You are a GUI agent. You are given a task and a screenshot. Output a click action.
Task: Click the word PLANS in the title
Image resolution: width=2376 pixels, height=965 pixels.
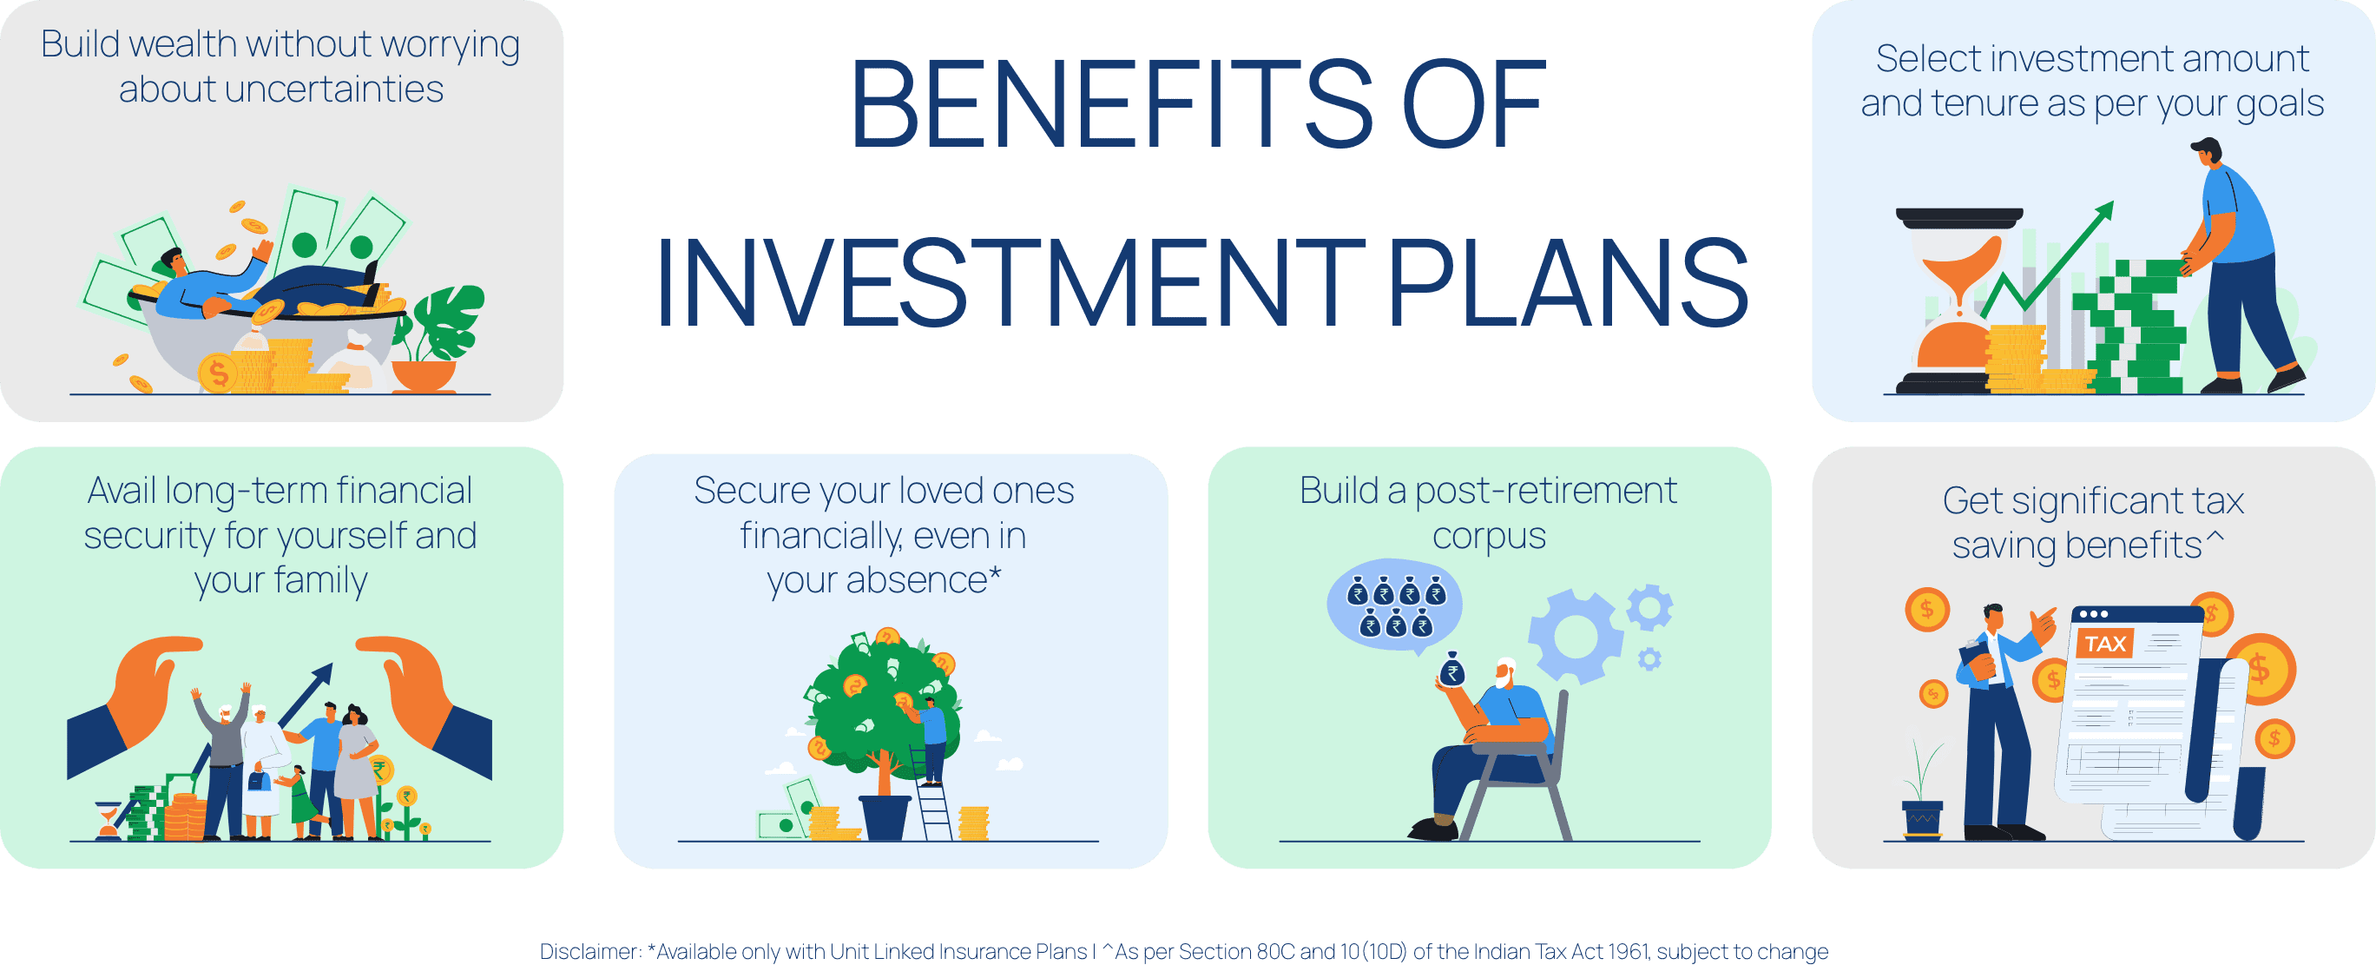pyautogui.click(x=1568, y=283)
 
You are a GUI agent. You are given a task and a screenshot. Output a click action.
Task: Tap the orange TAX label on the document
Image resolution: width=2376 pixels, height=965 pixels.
pyautogui.click(x=2104, y=643)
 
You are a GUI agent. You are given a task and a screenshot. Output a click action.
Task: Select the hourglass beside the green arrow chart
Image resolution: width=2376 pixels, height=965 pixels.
pyautogui.click(x=1959, y=301)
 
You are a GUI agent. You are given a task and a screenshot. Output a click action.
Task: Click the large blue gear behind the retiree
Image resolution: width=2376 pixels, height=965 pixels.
pyautogui.click(x=1575, y=636)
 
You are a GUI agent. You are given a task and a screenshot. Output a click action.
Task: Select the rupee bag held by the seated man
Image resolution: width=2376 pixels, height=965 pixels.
pyautogui.click(x=1451, y=670)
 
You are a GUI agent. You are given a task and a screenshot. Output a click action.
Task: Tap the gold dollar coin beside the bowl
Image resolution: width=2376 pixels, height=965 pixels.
pyautogui.click(x=218, y=373)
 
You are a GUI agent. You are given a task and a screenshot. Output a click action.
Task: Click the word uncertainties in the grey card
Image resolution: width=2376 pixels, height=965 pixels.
pyautogui.click(x=281, y=89)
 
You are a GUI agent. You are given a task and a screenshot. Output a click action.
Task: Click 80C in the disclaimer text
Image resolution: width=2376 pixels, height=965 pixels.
pyautogui.click(x=1275, y=951)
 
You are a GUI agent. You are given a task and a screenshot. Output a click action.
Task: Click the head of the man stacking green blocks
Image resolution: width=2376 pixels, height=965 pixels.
pyautogui.click(x=2208, y=152)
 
